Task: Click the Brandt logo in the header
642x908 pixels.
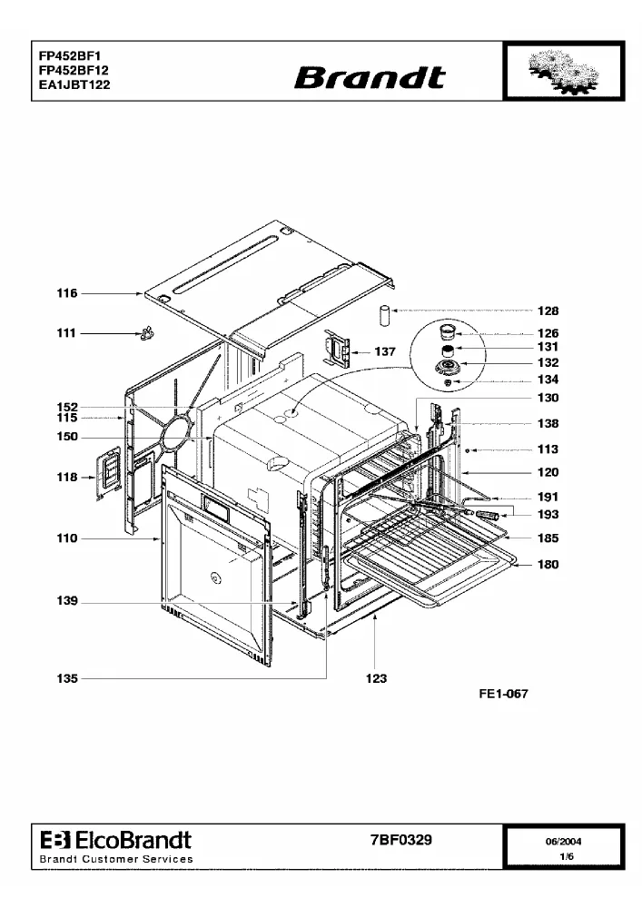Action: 370,77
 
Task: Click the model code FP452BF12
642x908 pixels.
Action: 74,70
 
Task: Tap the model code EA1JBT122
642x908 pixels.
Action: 74,84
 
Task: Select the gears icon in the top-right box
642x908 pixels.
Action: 564,72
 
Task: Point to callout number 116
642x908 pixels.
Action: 67,293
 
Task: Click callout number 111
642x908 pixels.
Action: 66,332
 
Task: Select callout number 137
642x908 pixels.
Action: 385,351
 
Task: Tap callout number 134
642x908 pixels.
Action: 548,380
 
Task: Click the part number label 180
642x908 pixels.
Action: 548,564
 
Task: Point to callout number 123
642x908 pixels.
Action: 376,678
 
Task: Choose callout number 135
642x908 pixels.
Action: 67,678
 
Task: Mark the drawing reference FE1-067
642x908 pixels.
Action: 504,694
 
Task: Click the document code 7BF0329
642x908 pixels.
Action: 401,840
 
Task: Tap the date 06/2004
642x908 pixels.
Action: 563,842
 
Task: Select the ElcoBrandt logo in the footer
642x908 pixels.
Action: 116,840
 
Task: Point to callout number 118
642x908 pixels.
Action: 67,478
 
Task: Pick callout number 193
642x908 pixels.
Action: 548,514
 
